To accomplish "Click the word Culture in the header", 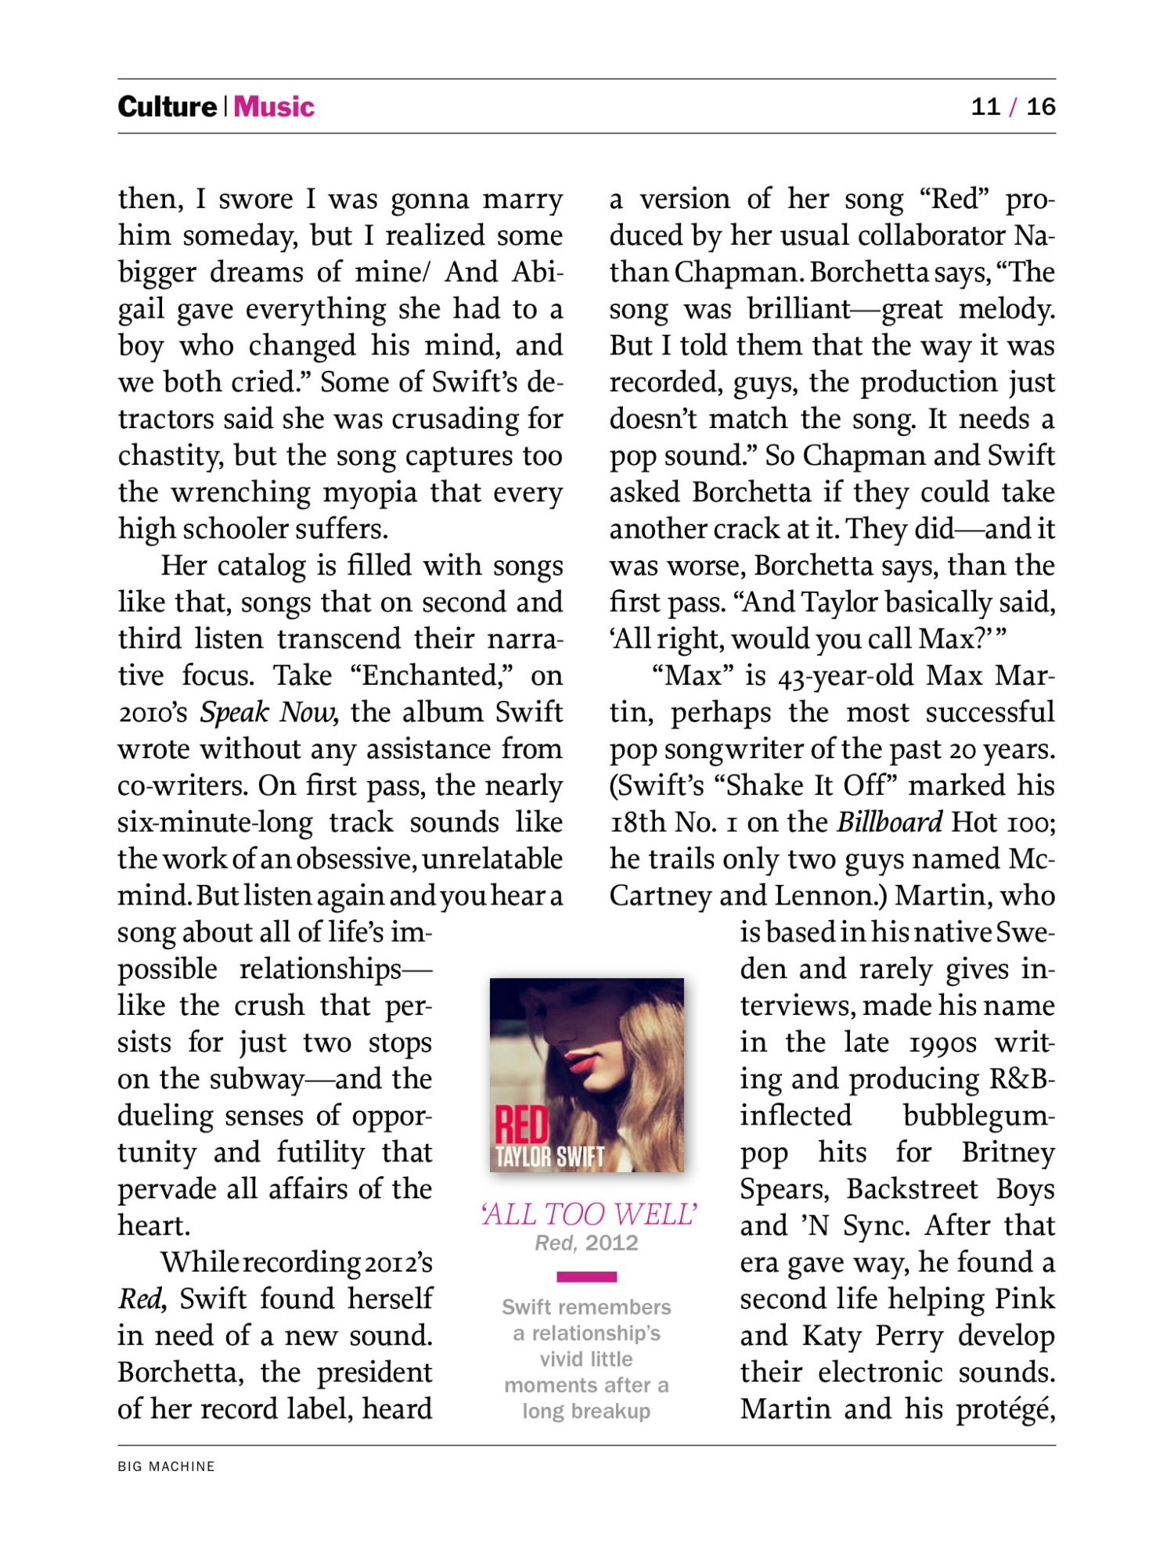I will pyautogui.click(x=167, y=106).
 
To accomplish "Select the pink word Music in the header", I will pyautogui.click(x=274, y=106).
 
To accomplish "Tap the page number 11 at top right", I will pyautogui.click(x=985, y=106).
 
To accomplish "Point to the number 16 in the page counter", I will pyautogui.click(x=1040, y=106).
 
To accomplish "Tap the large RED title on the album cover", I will pyautogui.click(x=522, y=1125).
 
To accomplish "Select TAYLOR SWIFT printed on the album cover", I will pyautogui.click(x=549, y=1157).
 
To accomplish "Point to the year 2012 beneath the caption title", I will pyautogui.click(x=611, y=1243).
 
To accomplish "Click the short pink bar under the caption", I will pyautogui.click(x=586, y=1277).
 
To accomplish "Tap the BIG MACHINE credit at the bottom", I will pyautogui.click(x=166, y=1466).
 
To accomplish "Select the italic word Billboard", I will pyautogui.click(x=890, y=822).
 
